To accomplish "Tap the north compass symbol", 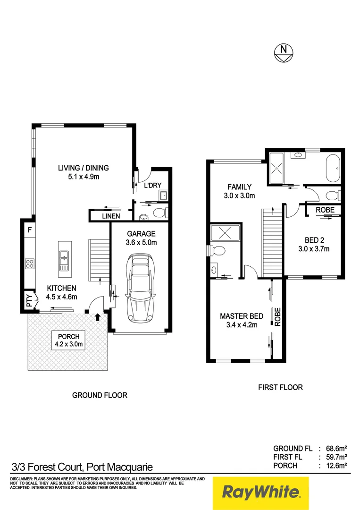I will (x=283, y=51).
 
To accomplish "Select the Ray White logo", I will (x=260, y=493).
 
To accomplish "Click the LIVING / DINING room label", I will (x=84, y=168).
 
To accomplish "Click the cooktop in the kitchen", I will (x=30, y=263).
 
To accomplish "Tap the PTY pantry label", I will (x=29, y=302).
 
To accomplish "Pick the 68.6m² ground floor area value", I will (x=337, y=448).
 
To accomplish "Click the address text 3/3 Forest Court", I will (x=82, y=467).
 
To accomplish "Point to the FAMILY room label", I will (x=240, y=187).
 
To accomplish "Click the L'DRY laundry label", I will (x=152, y=185).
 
